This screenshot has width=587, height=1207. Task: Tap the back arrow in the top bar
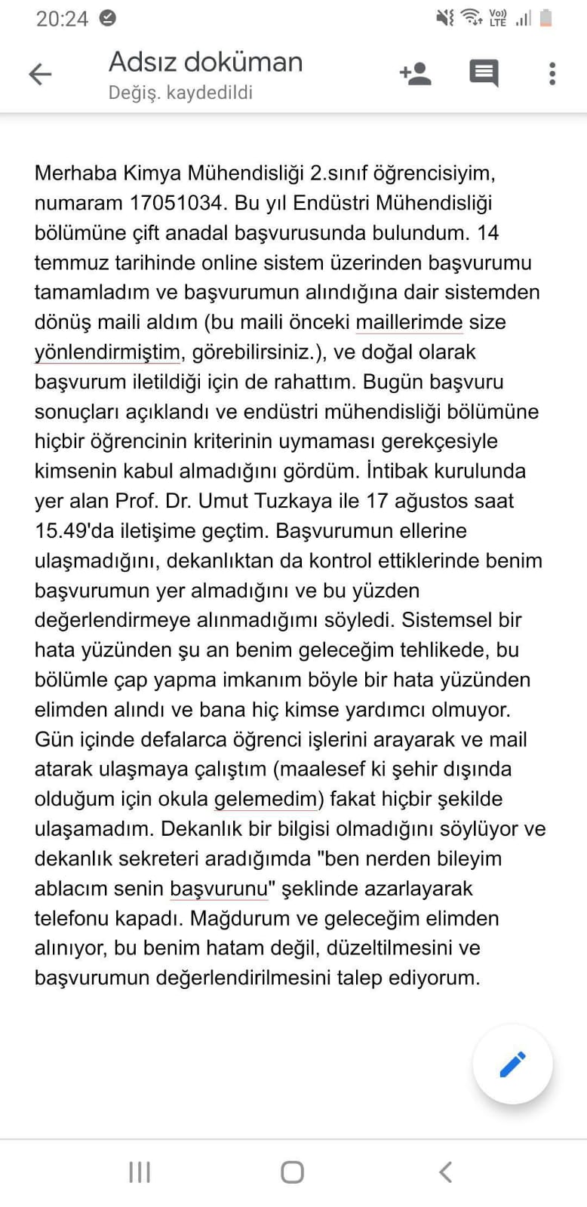tap(40, 74)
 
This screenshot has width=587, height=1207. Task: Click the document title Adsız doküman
tap(205, 62)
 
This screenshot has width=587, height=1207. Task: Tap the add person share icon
tap(415, 73)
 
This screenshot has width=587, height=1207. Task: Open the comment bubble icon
tap(484, 73)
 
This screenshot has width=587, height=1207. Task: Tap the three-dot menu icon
tap(552, 73)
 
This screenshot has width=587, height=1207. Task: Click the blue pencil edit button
tap(512, 1064)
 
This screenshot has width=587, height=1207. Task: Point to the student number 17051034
tap(177, 203)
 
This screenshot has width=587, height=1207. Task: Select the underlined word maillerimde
tap(409, 322)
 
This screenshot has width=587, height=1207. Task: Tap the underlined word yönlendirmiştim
tap(107, 352)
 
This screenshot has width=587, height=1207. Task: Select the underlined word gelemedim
tap(266, 799)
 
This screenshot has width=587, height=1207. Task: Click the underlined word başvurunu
tap(219, 889)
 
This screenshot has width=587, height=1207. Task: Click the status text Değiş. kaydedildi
tap(180, 93)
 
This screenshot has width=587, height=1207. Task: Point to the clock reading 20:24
tap(62, 18)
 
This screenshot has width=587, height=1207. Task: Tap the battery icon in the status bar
tap(546, 17)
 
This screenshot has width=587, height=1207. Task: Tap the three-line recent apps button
tap(140, 1172)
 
